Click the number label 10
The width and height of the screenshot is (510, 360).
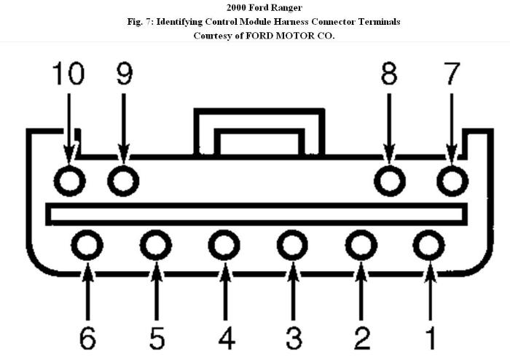click(x=68, y=74)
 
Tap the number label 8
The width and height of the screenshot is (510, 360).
click(x=389, y=74)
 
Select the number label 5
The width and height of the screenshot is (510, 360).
click(x=157, y=338)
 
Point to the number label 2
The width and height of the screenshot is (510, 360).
click(x=361, y=338)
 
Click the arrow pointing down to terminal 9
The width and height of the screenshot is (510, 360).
click(x=124, y=128)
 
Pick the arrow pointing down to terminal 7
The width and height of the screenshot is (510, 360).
click(x=452, y=128)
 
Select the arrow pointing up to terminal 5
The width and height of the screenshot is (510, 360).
click(x=157, y=291)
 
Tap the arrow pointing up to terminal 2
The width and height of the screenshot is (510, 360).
click(x=361, y=291)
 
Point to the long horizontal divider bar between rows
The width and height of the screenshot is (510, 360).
click(x=256, y=206)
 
